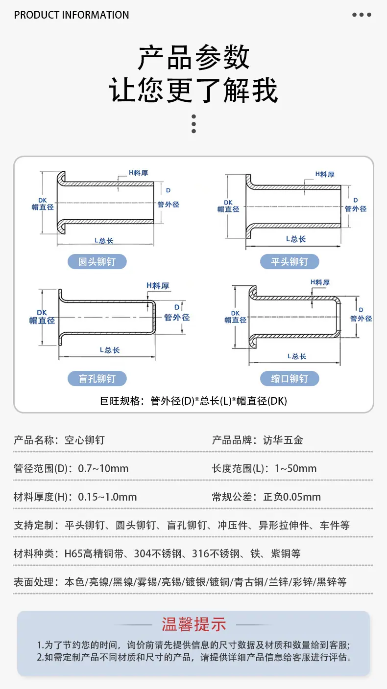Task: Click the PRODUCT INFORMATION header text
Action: [x=72, y=15]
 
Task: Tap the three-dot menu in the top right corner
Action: [x=362, y=15]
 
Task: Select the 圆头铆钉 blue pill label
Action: [x=97, y=262]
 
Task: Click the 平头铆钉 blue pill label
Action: [x=290, y=262]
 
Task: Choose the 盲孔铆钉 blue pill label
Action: [x=97, y=378]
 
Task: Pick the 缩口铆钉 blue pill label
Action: [x=290, y=378]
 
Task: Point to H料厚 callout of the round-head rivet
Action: [x=138, y=173]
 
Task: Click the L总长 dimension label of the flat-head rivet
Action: [x=295, y=239]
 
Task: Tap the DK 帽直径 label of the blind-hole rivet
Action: [x=42, y=317]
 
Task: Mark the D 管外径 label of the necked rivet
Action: [x=361, y=314]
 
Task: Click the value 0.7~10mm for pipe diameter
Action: [x=103, y=468]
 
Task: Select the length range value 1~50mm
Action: [x=295, y=468]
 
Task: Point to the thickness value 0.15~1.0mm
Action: [x=107, y=497]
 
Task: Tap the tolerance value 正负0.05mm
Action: [x=292, y=497]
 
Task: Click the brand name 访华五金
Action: [x=283, y=440]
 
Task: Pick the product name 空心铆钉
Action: [x=85, y=440]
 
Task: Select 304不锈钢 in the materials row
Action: [x=158, y=553]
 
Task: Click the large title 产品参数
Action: [x=193, y=57]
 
